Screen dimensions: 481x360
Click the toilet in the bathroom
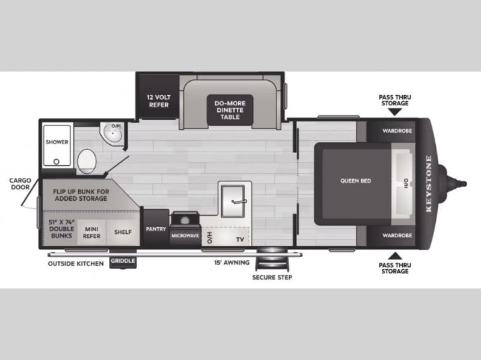pos(87,161)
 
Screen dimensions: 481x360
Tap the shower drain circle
pos(57,161)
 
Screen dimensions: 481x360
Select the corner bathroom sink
pos(112,133)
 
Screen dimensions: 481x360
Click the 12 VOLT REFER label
pos(159,101)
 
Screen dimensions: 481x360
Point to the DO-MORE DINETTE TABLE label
pos(230,110)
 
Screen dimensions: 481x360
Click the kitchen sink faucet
pos(239,201)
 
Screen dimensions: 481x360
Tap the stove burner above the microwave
pos(185,220)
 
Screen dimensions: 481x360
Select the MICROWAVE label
pos(185,236)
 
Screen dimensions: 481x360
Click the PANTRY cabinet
pos(156,228)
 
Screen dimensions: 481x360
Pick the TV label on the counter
pos(240,239)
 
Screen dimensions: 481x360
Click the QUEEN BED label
pos(355,181)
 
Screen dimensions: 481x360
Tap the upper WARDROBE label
pos(397,131)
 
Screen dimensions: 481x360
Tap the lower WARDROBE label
pos(397,236)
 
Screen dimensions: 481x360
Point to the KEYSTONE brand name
pos(429,184)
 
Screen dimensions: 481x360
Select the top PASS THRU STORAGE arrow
pos(395,112)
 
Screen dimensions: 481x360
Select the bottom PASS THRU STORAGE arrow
pos(395,256)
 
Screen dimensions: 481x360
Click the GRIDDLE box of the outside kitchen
pos(123,261)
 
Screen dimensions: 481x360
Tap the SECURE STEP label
pos(272,278)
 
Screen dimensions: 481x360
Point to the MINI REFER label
pos(91,233)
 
